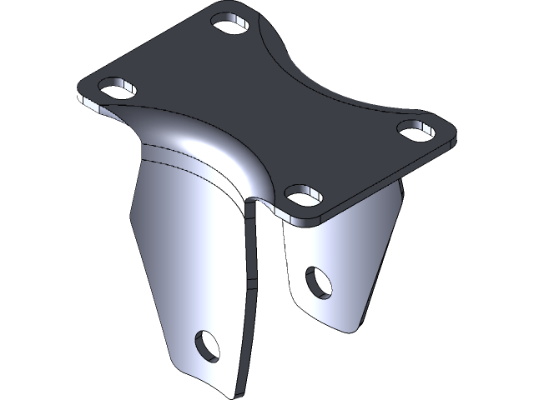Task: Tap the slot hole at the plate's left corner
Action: click(x=118, y=87)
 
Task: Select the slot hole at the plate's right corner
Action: click(x=414, y=128)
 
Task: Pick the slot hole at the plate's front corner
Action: click(x=304, y=195)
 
